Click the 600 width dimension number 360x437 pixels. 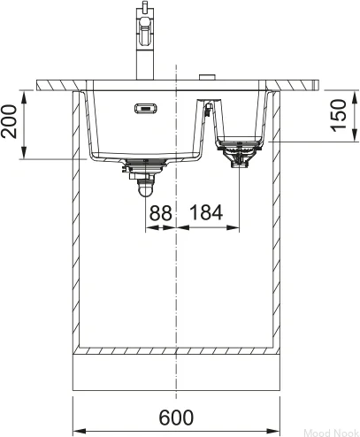click(x=176, y=417)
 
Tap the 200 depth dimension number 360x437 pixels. click(x=9, y=121)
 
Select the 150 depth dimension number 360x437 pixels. click(x=338, y=115)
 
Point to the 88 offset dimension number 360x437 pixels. click(x=160, y=213)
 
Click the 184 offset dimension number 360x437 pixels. click(x=206, y=212)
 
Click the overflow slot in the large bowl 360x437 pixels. click(x=146, y=108)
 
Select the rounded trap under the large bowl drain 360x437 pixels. click(x=145, y=188)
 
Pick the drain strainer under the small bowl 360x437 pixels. click(x=239, y=154)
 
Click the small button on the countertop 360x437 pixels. click(x=207, y=77)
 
